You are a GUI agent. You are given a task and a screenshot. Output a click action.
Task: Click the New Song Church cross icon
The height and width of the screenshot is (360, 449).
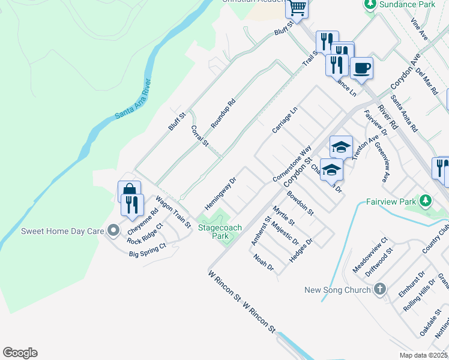pyautogui.click(x=379, y=290)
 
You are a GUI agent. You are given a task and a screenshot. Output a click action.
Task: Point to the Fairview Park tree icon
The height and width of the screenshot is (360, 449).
pyautogui.click(x=426, y=200)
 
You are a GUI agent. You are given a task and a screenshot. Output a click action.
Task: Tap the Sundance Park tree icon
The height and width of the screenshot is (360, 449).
pyautogui.click(x=370, y=5)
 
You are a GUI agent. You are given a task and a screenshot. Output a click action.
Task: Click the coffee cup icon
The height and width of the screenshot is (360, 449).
pyautogui.click(x=361, y=68)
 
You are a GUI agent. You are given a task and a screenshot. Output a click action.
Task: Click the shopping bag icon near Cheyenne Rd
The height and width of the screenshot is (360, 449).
pyautogui.click(x=129, y=190)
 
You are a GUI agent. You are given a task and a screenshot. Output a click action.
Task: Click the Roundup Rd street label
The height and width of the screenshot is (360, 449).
pyautogui.click(x=223, y=112)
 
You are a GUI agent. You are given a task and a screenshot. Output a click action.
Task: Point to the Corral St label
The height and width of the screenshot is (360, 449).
pyautogui.click(x=199, y=136)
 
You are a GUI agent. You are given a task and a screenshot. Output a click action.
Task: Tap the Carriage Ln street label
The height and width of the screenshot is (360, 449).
pyautogui.click(x=285, y=120)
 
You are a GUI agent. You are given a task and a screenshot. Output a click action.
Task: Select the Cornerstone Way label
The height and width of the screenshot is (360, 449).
pyautogui.click(x=292, y=163)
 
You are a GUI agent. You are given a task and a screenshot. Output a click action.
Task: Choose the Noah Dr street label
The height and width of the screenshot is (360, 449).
pyautogui.click(x=264, y=262)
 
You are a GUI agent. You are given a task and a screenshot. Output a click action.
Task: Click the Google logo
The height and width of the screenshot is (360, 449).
pyautogui.click(x=20, y=353)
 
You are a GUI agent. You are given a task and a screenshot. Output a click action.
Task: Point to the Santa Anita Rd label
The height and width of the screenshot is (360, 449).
pyautogui.click(x=404, y=113)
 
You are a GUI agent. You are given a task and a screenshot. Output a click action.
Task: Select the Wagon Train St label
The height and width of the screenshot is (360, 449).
pyautogui.click(x=173, y=212)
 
